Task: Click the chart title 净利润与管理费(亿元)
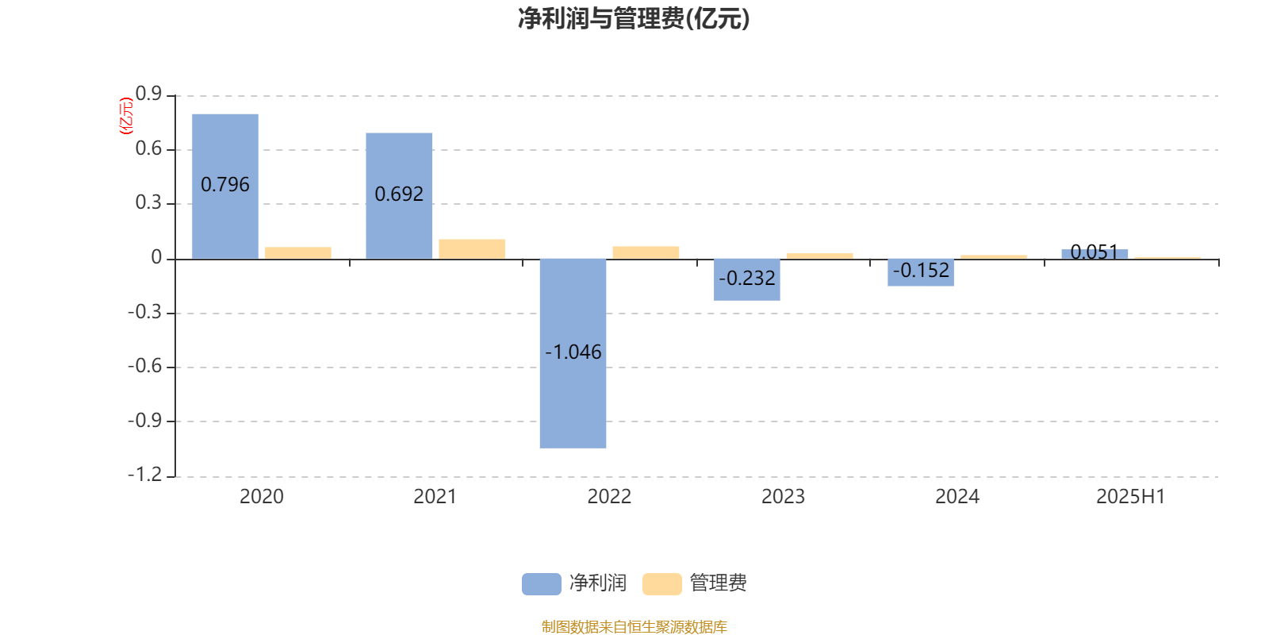[634, 19]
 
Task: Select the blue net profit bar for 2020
[225, 187]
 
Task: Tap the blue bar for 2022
[573, 354]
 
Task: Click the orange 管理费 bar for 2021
[472, 249]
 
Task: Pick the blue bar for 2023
[746, 280]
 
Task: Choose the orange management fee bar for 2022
[646, 253]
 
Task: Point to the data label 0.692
[399, 194]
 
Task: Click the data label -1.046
[573, 352]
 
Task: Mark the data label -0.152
[921, 271]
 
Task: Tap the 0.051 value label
[1095, 252]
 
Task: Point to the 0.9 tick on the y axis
[148, 94]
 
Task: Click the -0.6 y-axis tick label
[145, 366]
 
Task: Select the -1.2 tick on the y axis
[145, 474]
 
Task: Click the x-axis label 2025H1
[1130, 497]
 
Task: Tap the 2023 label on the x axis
[783, 497]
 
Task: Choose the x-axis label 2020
[261, 497]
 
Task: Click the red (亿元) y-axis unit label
[126, 116]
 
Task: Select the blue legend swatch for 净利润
[542, 584]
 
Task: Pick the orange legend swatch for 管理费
[661, 584]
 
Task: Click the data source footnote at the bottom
[634, 626]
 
